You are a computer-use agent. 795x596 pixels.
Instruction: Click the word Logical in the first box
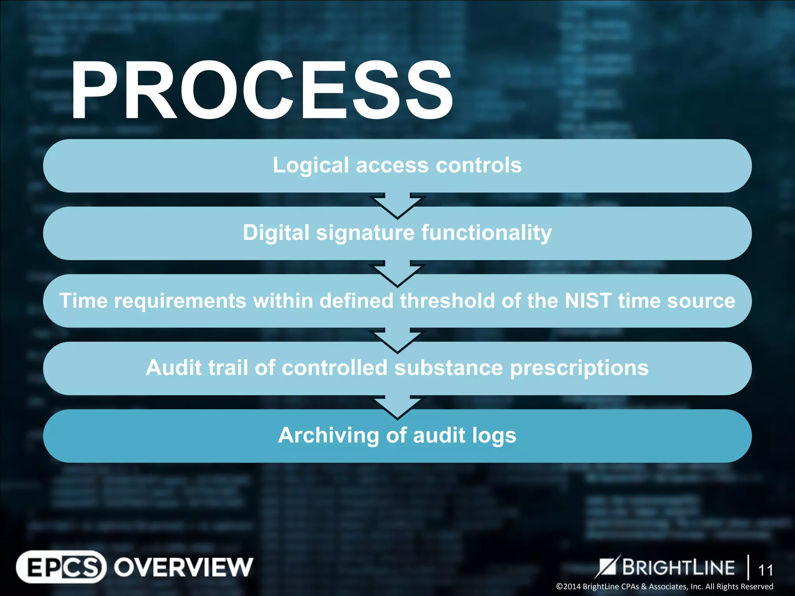pos(311,165)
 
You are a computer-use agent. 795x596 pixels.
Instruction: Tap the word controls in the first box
pos(479,165)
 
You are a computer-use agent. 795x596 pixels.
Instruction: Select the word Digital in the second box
pos(276,233)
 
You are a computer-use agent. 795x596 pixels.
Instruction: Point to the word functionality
pos(486,233)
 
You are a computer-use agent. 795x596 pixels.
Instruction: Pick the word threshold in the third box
pos(447,301)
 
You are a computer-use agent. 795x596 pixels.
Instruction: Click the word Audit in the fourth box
pos(174,368)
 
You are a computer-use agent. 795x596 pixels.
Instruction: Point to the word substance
pos(448,368)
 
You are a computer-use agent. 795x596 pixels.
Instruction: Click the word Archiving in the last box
pos(328,435)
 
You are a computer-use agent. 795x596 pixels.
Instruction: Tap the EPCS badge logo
pos(61,567)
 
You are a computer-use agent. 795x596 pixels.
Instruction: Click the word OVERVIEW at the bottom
pos(183,567)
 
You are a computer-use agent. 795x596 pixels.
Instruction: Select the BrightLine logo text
pos(678,567)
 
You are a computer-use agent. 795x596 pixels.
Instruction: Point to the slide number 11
pos(765,570)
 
